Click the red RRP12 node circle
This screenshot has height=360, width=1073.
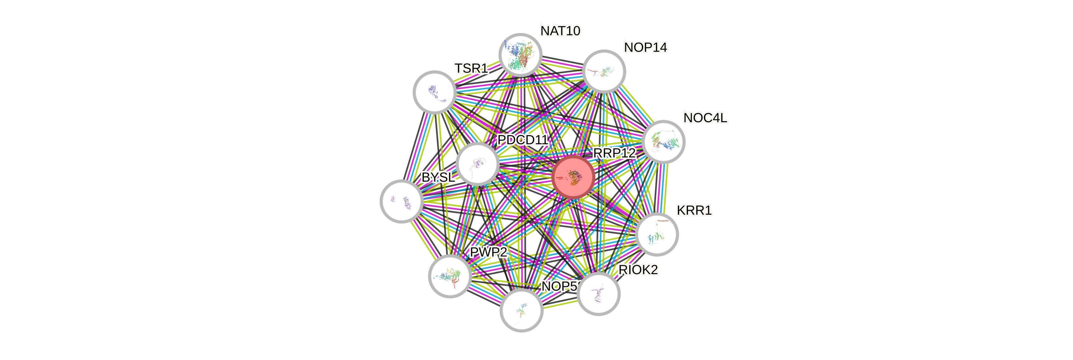click(x=573, y=177)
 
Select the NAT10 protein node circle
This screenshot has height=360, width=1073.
click(x=520, y=55)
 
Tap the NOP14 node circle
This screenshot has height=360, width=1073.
click(x=604, y=72)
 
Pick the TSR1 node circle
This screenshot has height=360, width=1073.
click(x=434, y=92)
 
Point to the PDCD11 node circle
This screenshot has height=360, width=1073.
click(x=477, y=164)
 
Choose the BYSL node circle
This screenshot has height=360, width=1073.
click(x=401, y=201)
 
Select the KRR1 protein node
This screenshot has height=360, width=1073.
click(x=657, y=234)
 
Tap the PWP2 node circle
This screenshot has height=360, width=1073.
click(x=450, y=276)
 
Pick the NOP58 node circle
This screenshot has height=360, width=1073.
click(x=521, y=310)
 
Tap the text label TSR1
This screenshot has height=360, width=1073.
click(x=471, y=68)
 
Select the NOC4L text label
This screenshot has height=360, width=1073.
click(x=705, y=118)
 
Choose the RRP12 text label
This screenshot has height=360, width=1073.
click(x=614, y=153)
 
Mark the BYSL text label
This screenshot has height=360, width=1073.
click(x=438, y=177)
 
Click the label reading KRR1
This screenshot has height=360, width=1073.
click(x=694, y=211)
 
